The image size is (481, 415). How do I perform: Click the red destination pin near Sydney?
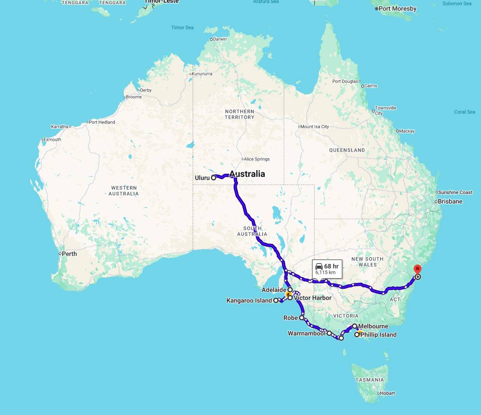417,269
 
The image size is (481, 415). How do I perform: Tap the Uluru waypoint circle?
214,177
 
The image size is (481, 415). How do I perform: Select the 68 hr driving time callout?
327,269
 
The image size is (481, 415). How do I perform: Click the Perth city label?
69,254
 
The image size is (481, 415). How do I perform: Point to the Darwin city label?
220,39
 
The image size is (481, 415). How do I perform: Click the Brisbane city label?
450,201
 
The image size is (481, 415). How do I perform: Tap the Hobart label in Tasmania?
388,393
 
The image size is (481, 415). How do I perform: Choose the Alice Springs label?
257,159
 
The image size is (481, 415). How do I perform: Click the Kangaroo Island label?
249,301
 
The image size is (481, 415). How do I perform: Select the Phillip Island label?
378,335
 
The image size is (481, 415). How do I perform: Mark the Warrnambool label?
307,333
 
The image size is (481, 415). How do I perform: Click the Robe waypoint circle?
302,318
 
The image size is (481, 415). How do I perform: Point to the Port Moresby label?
397,8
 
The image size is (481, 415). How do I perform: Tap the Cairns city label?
371,86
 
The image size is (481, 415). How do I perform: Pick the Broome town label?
133,97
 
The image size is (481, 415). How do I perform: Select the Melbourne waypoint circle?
355,326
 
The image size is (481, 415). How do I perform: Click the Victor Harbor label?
312,298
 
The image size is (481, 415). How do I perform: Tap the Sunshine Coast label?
455,192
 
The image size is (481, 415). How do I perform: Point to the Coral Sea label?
465,112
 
